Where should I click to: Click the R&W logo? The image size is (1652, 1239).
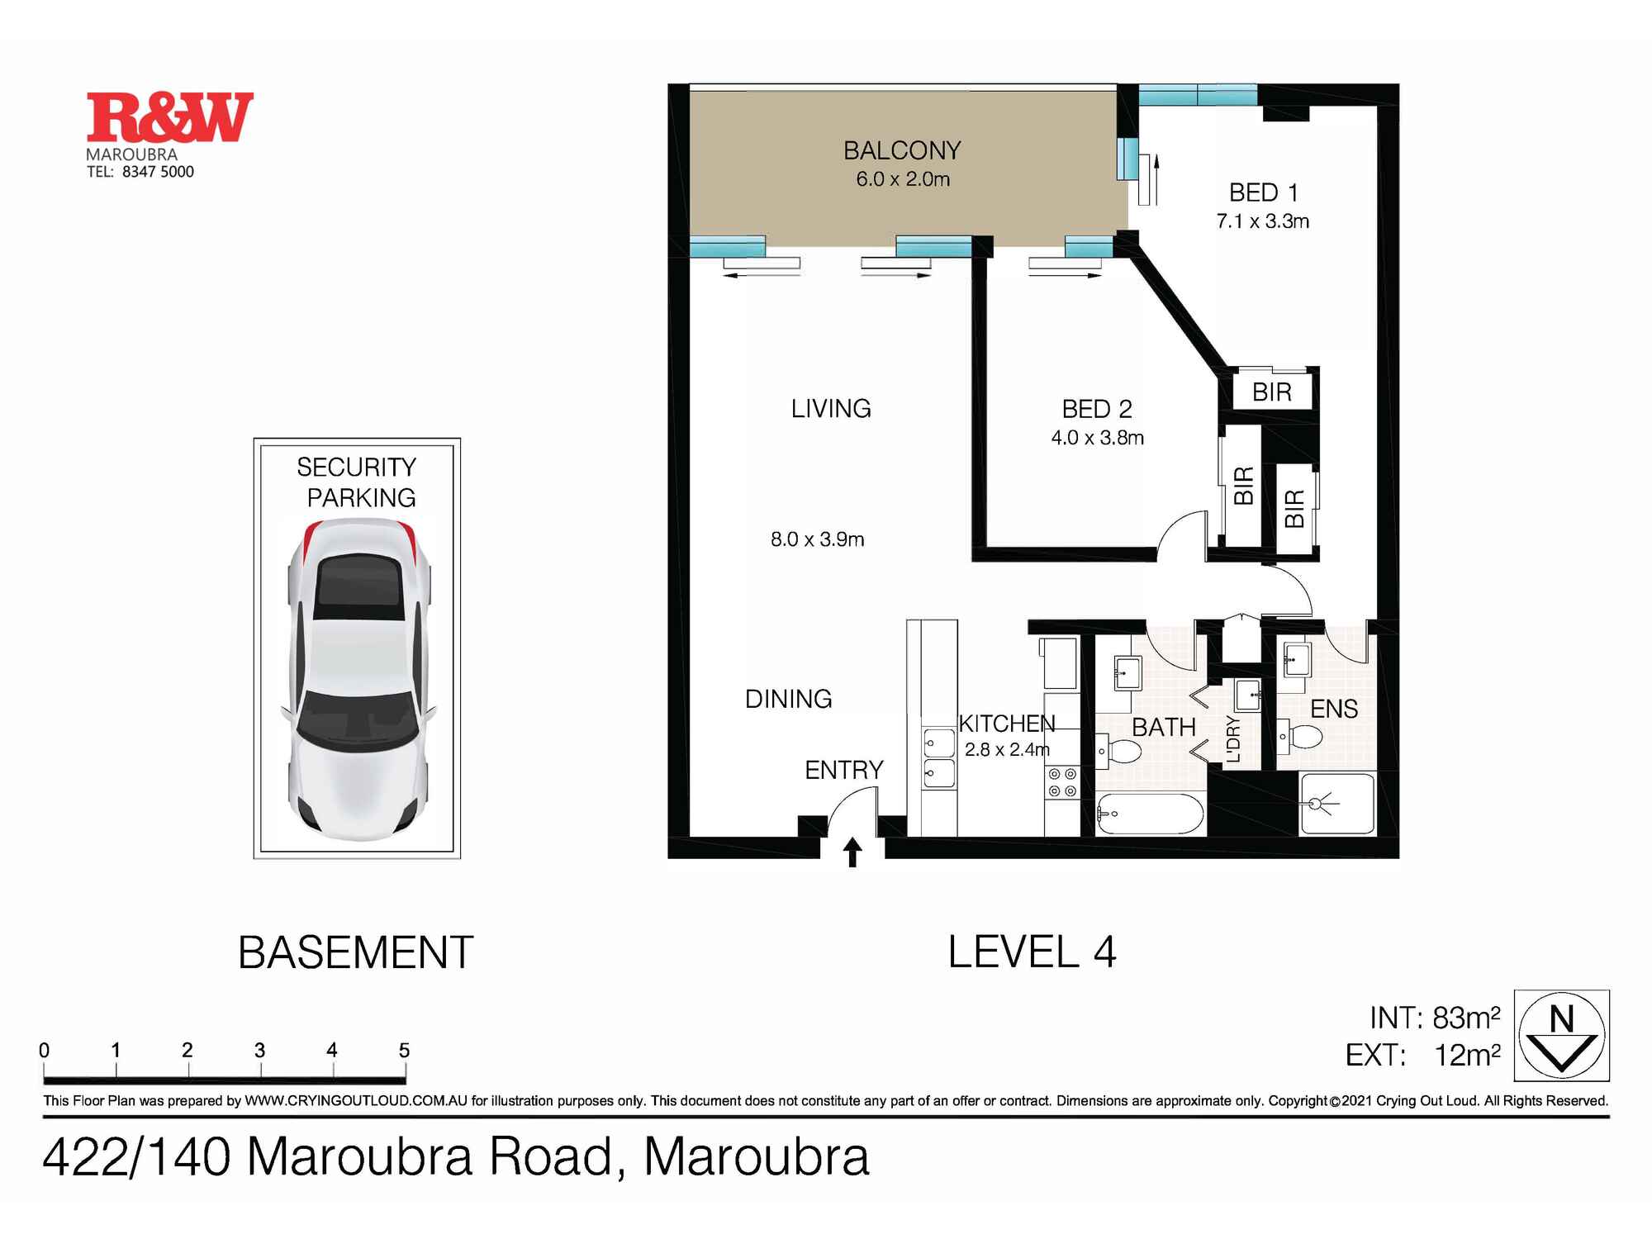(x=169, y=117)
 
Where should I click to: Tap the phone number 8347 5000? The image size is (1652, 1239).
(x=158, y=172)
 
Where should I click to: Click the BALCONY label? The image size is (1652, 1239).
(x=902, y=150)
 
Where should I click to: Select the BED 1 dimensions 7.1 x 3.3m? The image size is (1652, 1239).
(x=1262, y=221)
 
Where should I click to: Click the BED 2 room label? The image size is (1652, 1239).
(x=1096, y=409)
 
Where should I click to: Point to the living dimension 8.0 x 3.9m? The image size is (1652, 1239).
(x=817, y=539)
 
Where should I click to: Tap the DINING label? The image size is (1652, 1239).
(x=788, y=699)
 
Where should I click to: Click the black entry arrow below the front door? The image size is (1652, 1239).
(x=852, y=852)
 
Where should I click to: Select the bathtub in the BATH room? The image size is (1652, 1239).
(x=1150, y=814)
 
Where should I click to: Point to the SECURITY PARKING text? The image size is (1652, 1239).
(x=357, y=482)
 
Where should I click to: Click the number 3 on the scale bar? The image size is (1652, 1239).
(x=259, y=1050)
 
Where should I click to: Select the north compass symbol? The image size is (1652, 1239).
(x=1561, y=1035)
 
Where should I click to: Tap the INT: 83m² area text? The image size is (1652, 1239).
(x=1434, y=1018)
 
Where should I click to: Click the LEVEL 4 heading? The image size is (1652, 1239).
(x=1032, y=952)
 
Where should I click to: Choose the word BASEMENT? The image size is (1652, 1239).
(x=355, y=952)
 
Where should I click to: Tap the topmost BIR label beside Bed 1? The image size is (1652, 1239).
(x=1271, y=392)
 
